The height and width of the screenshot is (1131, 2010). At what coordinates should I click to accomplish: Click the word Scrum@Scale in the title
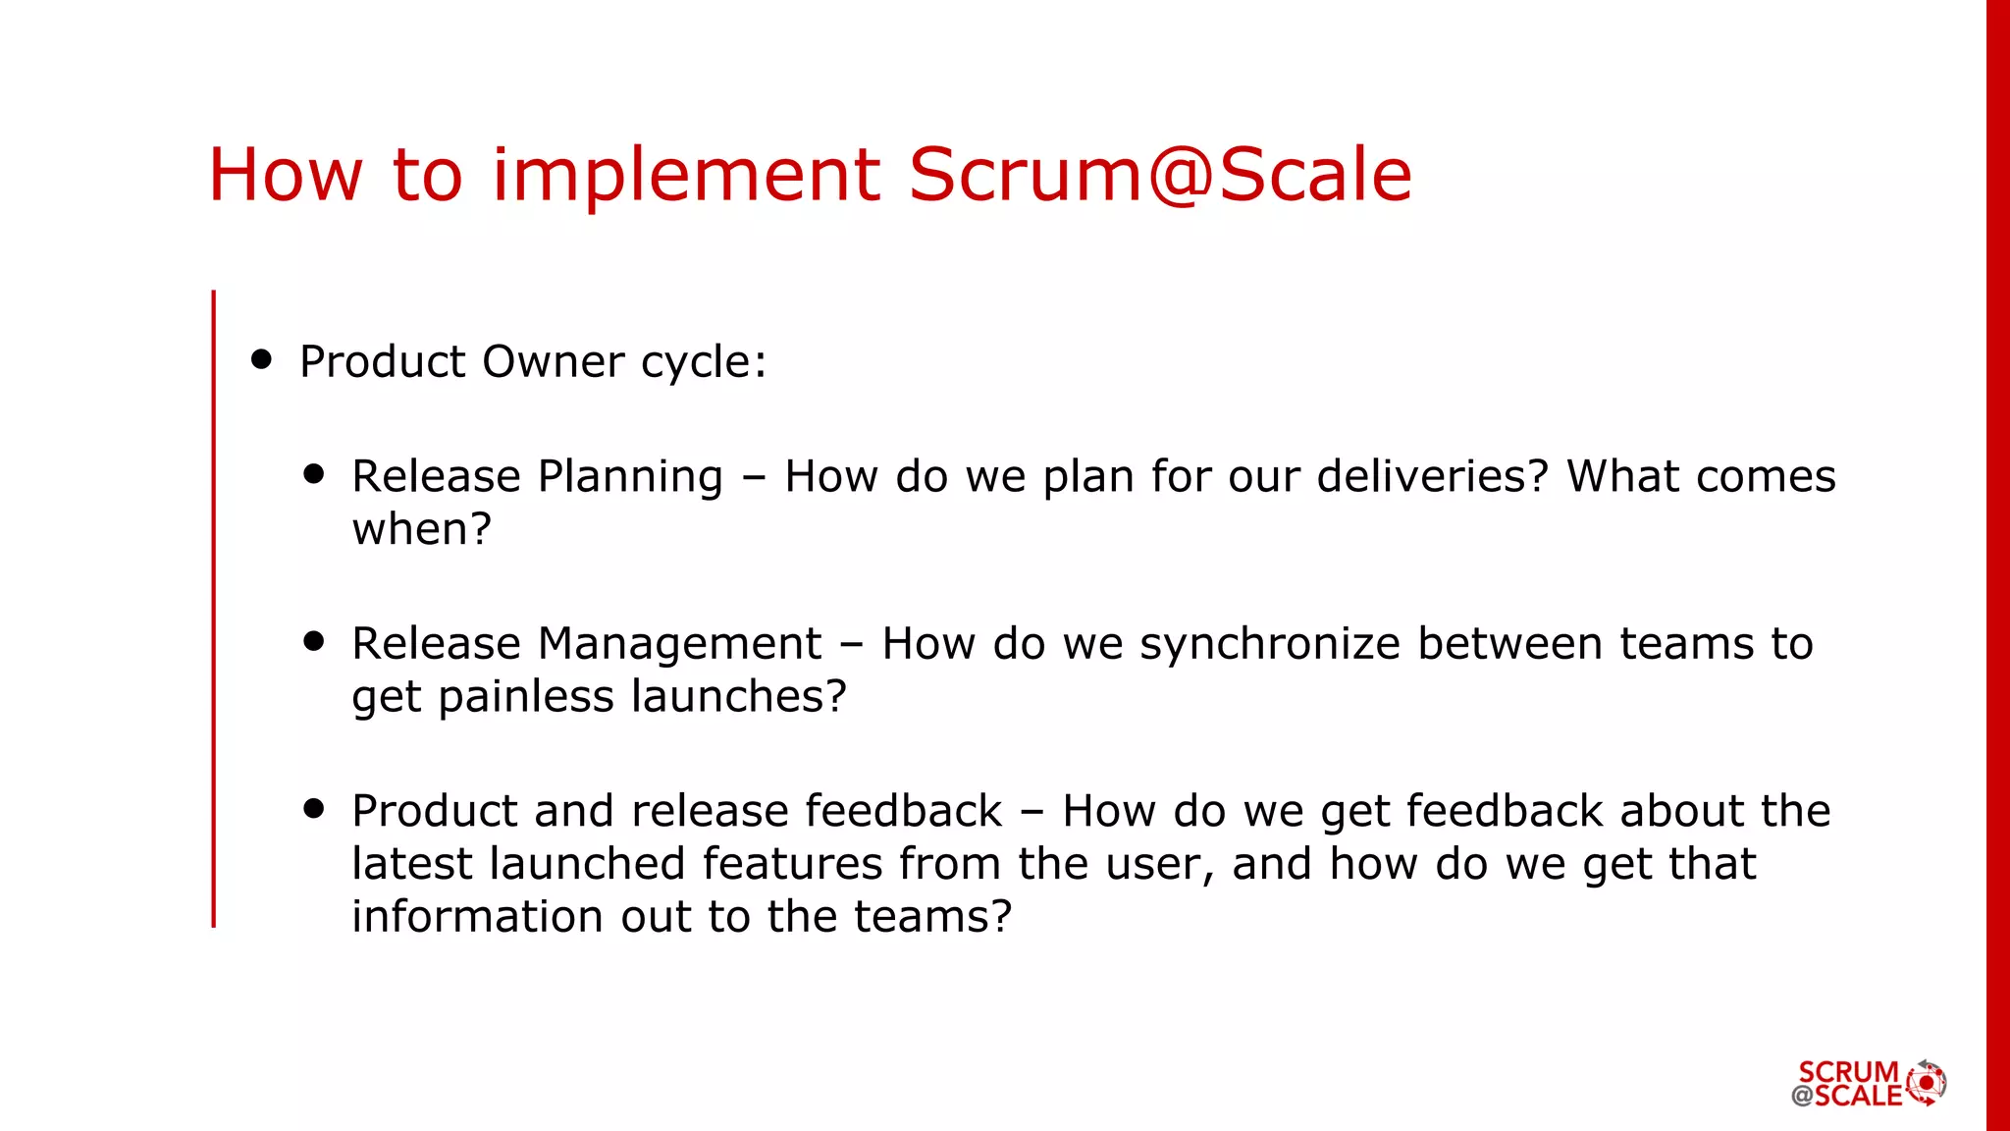[x=1159, y=175]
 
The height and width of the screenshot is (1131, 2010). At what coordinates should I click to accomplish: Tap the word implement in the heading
[x=686, y=175]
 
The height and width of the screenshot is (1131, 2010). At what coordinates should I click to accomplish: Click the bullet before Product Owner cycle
[x=261, y=359]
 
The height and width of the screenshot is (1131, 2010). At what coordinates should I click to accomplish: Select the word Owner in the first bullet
[x=553, y=361]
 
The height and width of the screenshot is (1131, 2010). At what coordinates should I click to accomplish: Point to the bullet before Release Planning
[x=314, y=474]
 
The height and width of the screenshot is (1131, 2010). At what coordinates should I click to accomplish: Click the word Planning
[x=630, y=478]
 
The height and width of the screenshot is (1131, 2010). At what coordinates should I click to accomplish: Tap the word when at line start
[x=421, y=529]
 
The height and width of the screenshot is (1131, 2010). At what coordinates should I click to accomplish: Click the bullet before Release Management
[x=314, y=642]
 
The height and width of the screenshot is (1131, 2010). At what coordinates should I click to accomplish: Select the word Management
[x=679, y=645]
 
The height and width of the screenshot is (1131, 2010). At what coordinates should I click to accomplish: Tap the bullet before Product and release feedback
[x=314, y=809]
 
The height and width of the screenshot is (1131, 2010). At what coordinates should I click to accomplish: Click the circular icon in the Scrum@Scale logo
[x=1927, y=1083]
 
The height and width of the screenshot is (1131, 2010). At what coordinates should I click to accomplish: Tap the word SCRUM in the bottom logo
[x=1848, y=1071]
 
